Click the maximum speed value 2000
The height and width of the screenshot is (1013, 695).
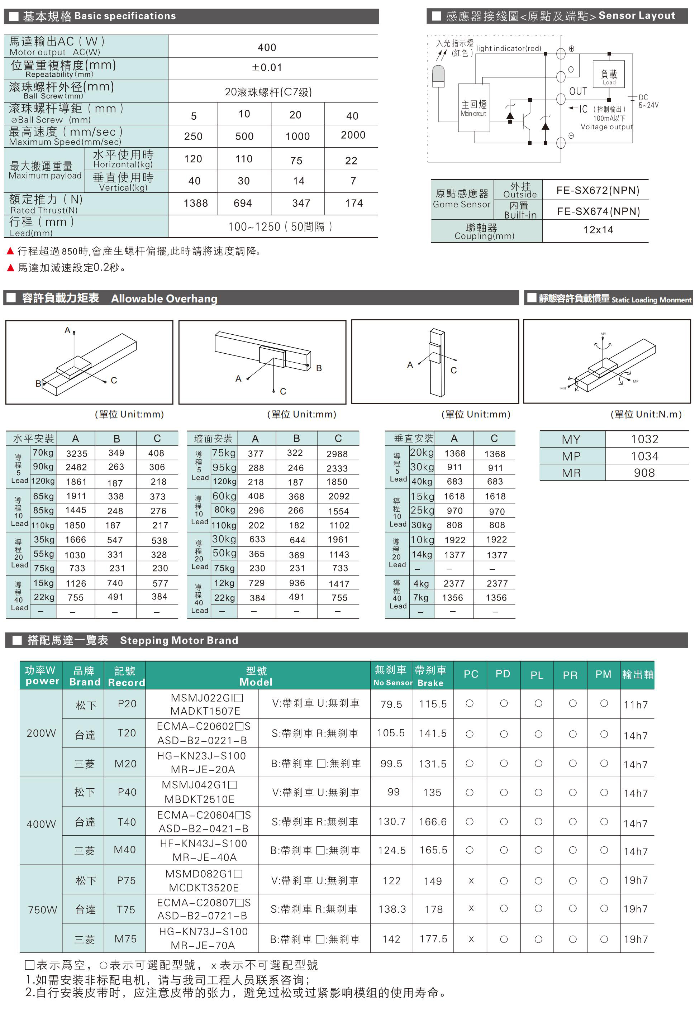coord(353,135)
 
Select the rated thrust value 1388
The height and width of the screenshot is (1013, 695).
coord(196,203)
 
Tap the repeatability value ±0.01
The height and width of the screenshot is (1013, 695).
coord(267,68)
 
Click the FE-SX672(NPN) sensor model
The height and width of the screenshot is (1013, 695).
coord(598,191)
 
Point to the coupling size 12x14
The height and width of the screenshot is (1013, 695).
coord(598,230)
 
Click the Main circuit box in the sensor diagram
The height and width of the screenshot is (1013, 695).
coord(473,107)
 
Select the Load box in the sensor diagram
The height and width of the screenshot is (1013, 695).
coord(609,76)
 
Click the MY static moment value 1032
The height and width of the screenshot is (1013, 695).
coord(644,439)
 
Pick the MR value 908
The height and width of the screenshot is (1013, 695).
coord(644,473)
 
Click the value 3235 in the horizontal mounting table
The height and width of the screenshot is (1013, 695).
coord(77,454)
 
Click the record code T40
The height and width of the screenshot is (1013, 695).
coord(127,822)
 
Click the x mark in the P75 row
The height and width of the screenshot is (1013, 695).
coord(471,880)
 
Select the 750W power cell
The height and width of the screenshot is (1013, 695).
coord(42,910)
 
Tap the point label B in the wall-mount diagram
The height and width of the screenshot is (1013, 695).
coord(319,368)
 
